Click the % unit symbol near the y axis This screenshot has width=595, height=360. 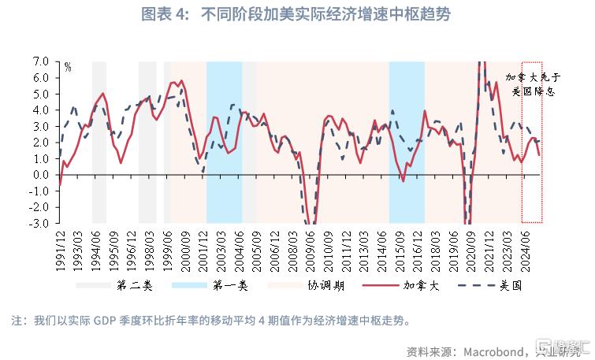(68, 68)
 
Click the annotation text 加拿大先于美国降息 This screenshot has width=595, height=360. (533, 84)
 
